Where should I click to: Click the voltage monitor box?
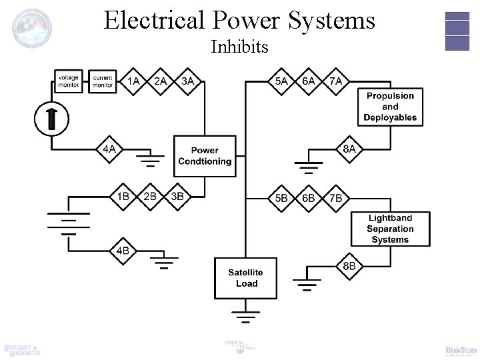[68, 81]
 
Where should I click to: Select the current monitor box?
[102, 81]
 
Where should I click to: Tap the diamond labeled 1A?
[134, 81]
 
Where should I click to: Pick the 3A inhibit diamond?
[188, 81]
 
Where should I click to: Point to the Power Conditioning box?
[205, 156]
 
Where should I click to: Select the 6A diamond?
[309, 81]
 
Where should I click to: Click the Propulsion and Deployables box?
[390, 107]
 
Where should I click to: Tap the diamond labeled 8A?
[349, 149]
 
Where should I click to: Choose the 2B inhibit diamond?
[151, 197]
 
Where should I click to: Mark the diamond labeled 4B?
[123, 251]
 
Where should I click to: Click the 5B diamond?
[281, 198]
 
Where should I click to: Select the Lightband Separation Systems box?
[390, 229]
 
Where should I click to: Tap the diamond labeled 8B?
[349, 267]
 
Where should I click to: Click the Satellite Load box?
[245, 278]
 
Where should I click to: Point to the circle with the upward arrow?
[51, 119]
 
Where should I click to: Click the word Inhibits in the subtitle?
[239, 47]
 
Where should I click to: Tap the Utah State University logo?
[461, 351]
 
